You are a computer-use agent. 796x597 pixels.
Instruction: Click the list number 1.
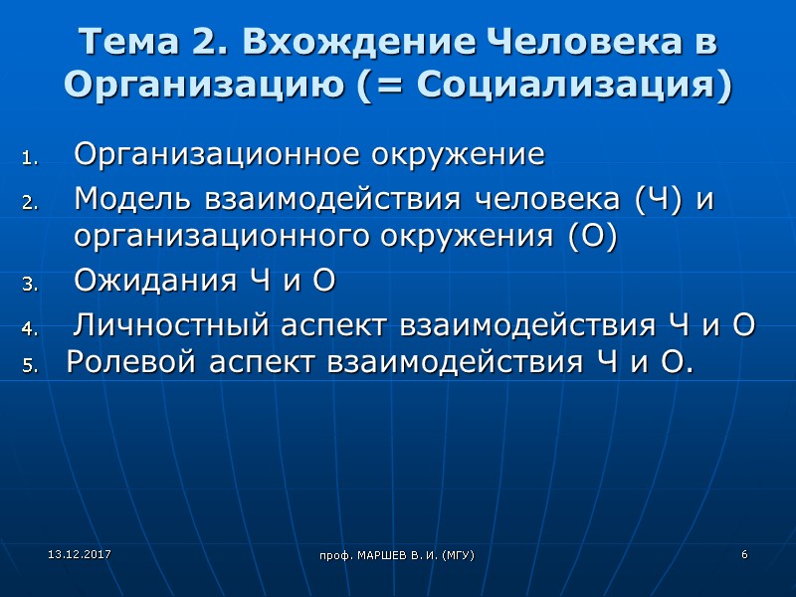click(x=29, y=158)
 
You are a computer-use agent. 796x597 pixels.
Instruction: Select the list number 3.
click(x=29, y=285)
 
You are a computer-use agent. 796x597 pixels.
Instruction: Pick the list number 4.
click(x=29, y=328)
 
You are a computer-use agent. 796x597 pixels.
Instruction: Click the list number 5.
click(x=29, y=366)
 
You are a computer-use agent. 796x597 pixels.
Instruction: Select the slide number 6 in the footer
click(x=743, y=552)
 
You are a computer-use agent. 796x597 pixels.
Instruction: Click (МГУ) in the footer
click(x=456, y=553)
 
